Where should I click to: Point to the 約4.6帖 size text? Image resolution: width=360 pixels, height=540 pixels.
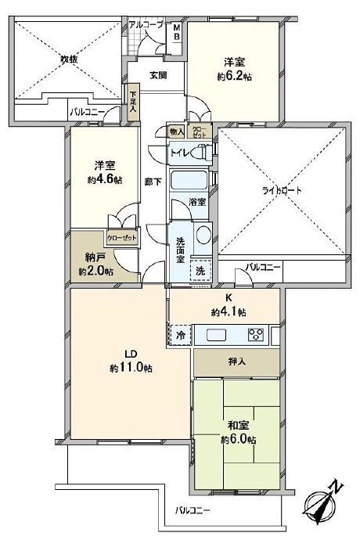(x=106, y=179)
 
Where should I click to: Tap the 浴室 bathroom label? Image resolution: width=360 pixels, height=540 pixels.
(x=197, y=203)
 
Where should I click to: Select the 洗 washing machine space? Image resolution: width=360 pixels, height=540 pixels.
(x=201, y=270)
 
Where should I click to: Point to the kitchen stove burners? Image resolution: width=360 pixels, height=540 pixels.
(x=256, y=335)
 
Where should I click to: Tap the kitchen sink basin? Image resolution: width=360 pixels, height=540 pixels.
(x=216, y=336)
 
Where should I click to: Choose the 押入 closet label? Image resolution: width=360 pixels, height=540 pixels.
(x=236, y=363)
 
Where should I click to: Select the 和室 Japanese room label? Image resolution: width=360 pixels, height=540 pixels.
(x=239, y=425)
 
